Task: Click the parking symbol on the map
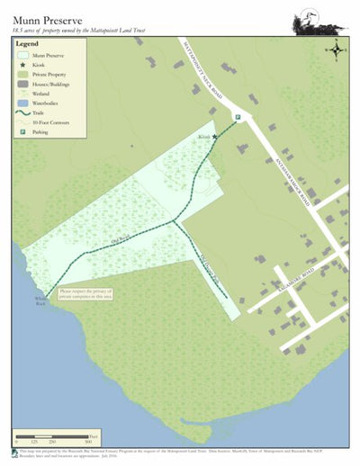coord(238,118)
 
